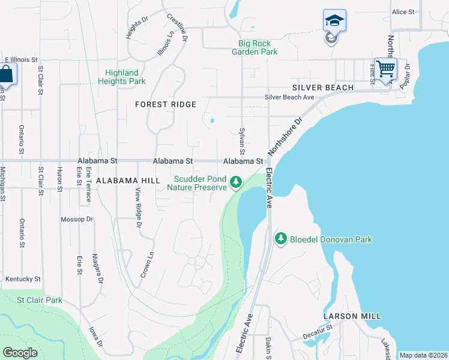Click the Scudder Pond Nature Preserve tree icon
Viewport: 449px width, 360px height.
click(x=237, y=181)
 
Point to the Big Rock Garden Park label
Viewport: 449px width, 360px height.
click(x=255, y=48)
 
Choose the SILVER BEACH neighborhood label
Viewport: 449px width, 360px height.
click(x=322, y=88)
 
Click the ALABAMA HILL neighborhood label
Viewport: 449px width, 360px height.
click(x=128, y=180)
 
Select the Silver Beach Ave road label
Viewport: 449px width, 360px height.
click(x=290, y=97)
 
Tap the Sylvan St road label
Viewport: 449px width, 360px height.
click(x=242, y=142)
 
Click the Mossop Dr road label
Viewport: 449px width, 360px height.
click(x=77, y=220)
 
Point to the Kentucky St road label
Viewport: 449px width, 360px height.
click(x=23, y=279)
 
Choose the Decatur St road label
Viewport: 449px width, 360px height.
click(x=318, y=329)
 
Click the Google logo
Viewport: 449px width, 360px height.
click(x=20, y=353)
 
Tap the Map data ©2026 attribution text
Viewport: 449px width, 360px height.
click(x=423, y=355)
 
